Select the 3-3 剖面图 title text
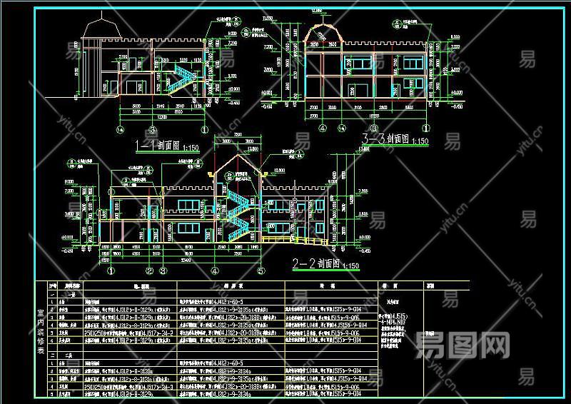(x=385, y=140)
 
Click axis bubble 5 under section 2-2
(x=261, y=271)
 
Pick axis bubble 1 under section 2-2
(x=111, y=271)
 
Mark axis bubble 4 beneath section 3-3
(x=322, y=128)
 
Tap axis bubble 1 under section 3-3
(x=426, y=128)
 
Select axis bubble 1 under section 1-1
(x=205, y=130)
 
